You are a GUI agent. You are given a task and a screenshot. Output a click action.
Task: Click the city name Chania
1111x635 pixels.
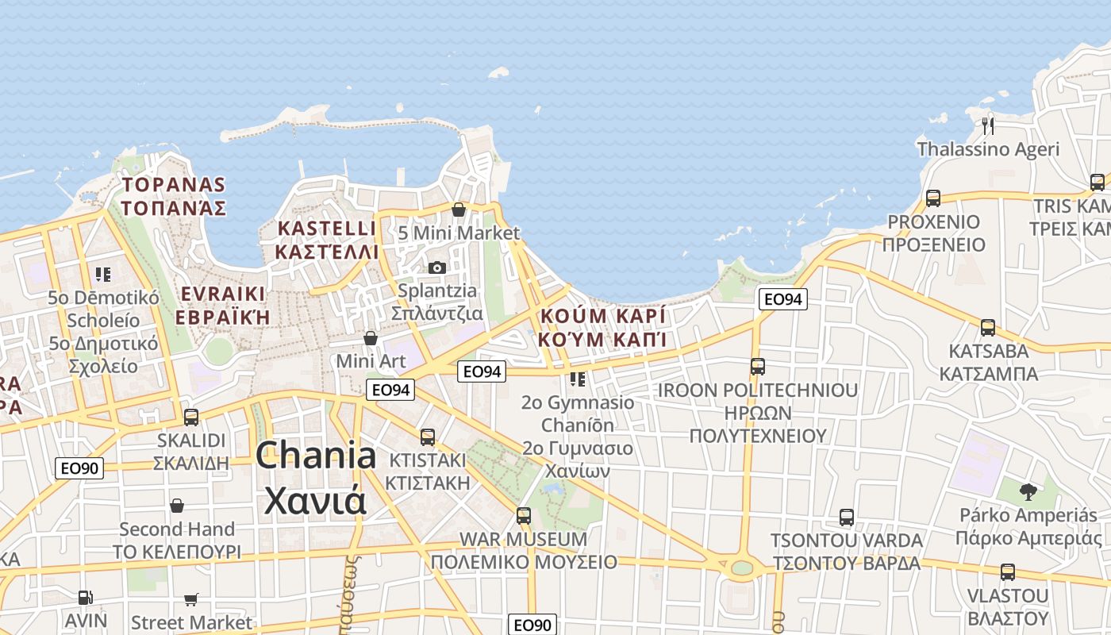tap(316, 456)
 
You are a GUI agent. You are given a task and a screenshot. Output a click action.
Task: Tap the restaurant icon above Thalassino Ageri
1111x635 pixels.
tap(988, 125)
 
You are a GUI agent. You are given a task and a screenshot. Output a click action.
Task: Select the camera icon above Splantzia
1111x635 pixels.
tap(436, 267)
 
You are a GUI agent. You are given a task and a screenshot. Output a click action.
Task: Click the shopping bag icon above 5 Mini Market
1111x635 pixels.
tap(459, 210)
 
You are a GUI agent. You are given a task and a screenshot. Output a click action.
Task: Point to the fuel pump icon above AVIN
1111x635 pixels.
tap(85, 597)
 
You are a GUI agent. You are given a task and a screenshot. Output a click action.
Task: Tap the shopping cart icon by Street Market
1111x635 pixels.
tap(191, 599)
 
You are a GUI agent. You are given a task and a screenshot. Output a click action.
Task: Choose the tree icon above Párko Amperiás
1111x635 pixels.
tap(1028, 492)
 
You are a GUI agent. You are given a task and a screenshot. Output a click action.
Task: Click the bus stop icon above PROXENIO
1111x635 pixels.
tap(933, 198)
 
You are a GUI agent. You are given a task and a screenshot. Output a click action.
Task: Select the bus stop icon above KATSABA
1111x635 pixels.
tap(988, 327)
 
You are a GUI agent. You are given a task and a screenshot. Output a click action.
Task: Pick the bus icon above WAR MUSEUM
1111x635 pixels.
tap(524, 515)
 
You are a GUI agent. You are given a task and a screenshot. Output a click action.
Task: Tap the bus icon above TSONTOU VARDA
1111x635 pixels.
tap(847, 518)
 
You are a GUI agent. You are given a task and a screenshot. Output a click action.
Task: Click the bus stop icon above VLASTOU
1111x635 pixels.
tap(1008, 571)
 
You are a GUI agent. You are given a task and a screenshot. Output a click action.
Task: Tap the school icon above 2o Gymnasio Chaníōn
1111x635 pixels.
tap(578, 379)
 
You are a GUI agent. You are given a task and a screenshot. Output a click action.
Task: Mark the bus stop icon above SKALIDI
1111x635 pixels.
tap(191, 417)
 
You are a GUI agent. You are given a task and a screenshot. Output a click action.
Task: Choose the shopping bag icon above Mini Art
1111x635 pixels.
tap(371, 338)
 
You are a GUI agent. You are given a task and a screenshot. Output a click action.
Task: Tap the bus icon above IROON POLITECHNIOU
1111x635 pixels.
tap(758, 366)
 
